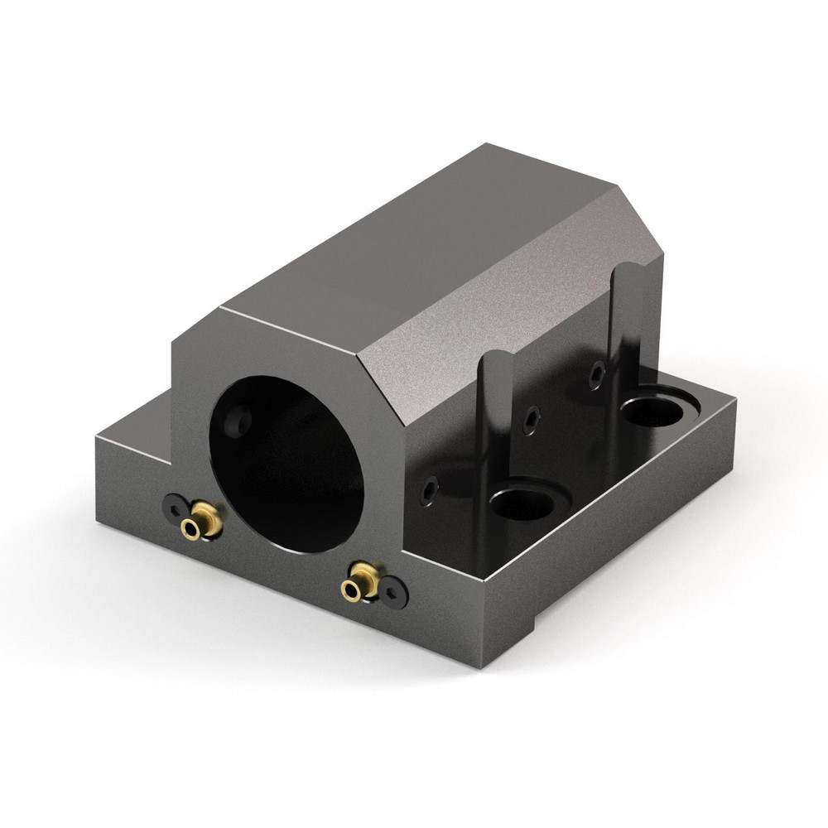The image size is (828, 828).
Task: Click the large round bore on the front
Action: tap(286, 464)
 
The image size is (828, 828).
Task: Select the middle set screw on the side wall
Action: tap(530, 421)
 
